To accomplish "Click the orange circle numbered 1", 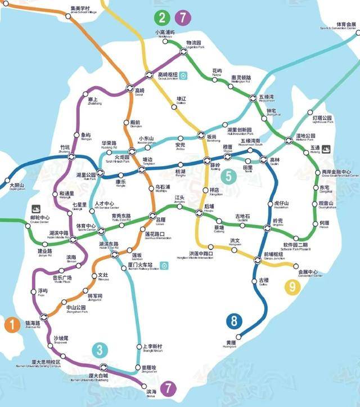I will (11, 325).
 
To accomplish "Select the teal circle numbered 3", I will (100, 350).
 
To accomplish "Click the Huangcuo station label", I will (230, 344).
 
